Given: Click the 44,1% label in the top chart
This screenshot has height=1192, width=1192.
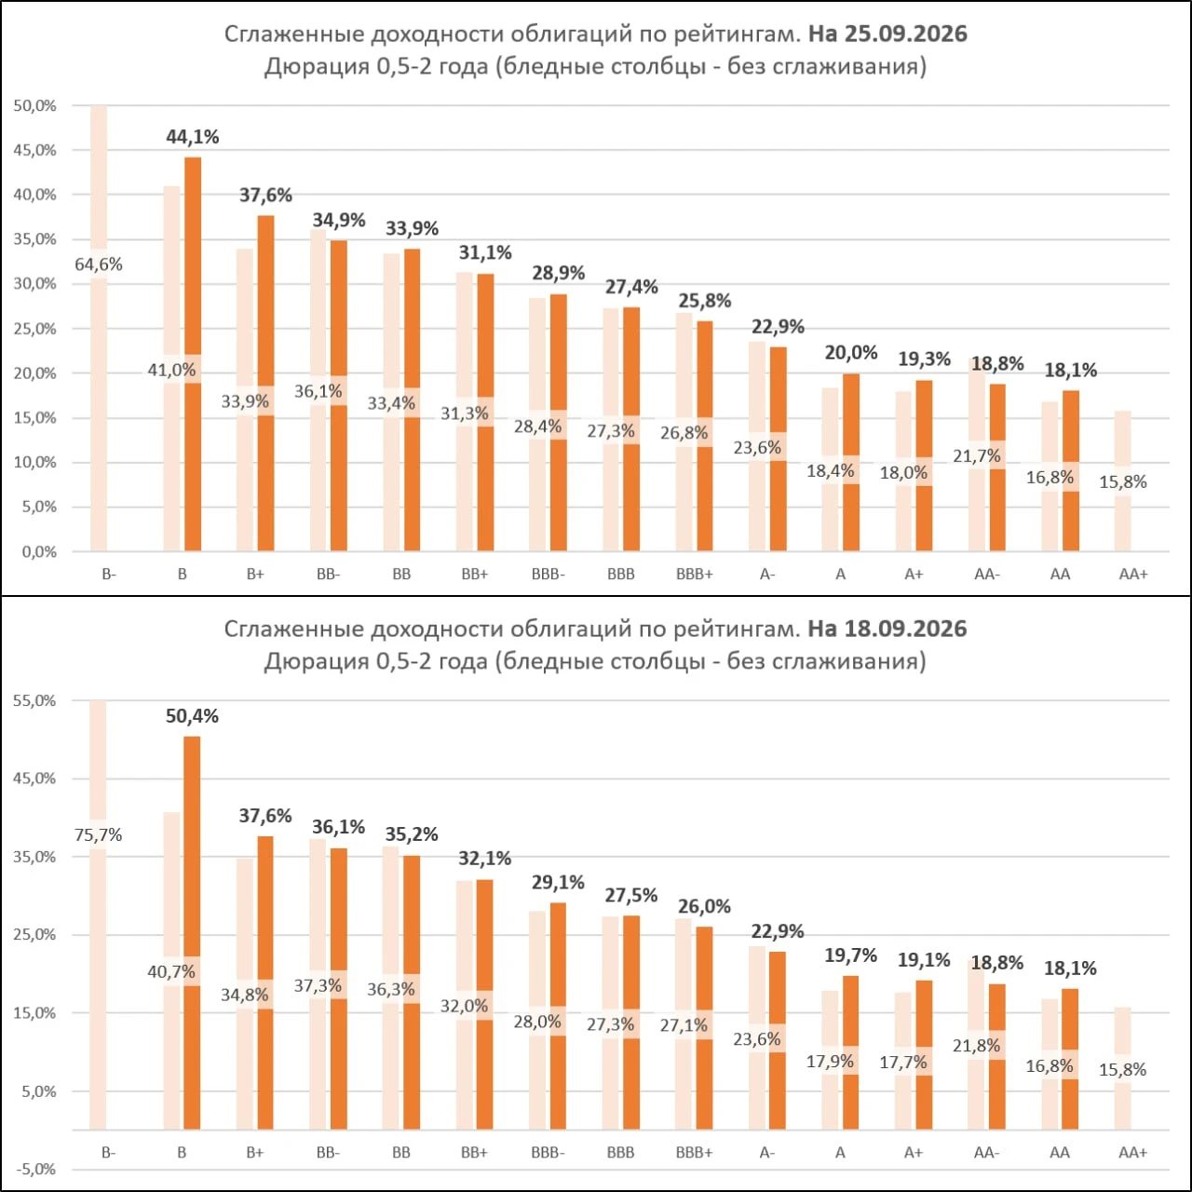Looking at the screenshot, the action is (193, 137).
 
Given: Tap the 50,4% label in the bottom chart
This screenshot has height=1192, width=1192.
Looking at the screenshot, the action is (192, 716).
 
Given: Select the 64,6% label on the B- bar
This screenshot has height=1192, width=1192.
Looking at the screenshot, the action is (99, 264).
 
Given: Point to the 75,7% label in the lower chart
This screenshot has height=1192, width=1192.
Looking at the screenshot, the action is (99, 835).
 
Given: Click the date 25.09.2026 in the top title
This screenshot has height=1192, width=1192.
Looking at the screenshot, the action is (906, 34).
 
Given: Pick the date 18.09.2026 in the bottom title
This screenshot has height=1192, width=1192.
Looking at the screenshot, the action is (906, 629).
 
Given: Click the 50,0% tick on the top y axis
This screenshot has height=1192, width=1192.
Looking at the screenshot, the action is (34, 106).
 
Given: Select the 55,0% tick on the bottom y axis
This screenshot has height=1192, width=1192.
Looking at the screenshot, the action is (34, 700).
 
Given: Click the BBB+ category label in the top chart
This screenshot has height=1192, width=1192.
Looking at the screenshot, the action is (695, 574).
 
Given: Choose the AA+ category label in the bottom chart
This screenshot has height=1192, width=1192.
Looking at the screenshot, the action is (1133, 1152).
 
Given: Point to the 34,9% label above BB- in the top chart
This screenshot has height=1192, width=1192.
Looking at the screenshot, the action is (339, 220).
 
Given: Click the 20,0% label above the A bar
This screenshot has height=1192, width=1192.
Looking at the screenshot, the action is (851, 353).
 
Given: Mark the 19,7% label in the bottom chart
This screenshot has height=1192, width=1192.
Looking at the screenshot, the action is (850, 955).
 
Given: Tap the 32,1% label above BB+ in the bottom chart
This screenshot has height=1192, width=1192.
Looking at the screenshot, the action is (485, 858).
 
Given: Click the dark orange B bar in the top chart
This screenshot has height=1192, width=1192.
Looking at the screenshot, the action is (193, 354).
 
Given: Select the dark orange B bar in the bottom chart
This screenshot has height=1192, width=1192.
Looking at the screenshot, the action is (193, 933).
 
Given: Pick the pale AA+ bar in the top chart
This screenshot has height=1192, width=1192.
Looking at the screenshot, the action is (1123, 481).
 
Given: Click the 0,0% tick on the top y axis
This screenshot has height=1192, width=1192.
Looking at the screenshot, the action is (38, 552).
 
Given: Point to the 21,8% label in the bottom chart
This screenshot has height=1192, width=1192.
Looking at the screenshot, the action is (977, 1046).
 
